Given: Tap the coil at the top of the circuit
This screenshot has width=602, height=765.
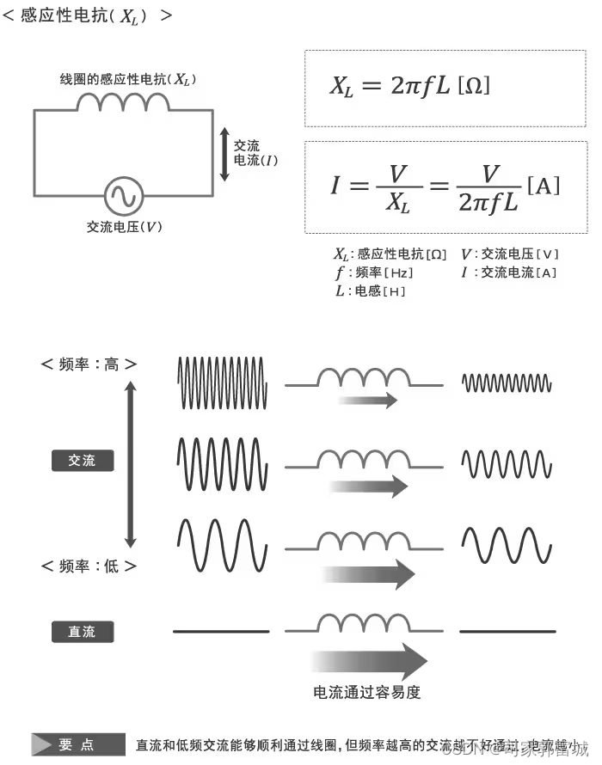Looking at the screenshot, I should [x=124, y=103].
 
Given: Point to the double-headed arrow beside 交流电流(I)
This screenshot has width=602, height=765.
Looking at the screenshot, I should [x=224, y=155].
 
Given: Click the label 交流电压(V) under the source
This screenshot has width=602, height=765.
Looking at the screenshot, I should [x=124, y=228].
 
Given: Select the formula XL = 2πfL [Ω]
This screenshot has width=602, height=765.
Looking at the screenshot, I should [x=410, y=86].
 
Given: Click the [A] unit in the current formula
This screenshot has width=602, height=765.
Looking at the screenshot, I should [x=543, y=185].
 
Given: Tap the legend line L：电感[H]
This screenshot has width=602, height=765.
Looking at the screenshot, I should [x=371, y=291].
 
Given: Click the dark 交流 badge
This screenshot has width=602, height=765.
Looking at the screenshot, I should [x=83, y=461].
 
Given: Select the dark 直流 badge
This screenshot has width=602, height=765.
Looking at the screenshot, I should [x=83, y=633].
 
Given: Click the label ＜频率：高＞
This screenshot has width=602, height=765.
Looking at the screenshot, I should [x=89, y=364].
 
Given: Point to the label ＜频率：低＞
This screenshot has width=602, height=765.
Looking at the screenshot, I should [x=89, y=566].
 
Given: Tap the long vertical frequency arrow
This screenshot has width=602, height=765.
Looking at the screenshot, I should [x=131, y=465].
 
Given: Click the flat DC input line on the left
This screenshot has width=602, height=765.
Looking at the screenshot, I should [x=221, y=632].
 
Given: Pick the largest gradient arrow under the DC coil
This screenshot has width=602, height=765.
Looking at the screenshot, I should [x=370, y=661].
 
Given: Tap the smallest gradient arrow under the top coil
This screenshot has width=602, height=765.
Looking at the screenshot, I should [x=367, y=400].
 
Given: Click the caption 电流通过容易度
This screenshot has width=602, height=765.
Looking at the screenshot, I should [x=367, y=692].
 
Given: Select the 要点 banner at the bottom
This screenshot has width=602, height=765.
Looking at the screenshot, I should [x=77, y=744].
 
